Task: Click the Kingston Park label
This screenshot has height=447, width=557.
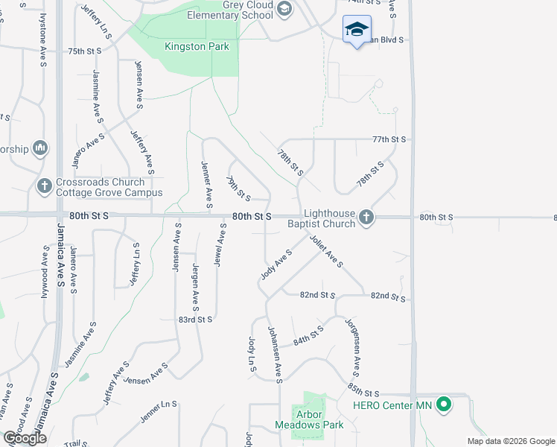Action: [x=197, y=46]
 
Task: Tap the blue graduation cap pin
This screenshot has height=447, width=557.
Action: [x=357, y=31]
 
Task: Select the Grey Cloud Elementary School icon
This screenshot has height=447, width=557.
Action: [x=284, y=9]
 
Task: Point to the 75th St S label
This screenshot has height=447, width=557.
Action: [x=84, y=51]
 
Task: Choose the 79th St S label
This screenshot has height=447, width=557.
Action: [x=238, y=188]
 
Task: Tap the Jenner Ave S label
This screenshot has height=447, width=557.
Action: [x=207, y=183]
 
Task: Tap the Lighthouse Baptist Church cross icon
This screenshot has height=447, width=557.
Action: [x=365, y=217]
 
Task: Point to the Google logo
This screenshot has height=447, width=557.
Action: [x=25, y=439]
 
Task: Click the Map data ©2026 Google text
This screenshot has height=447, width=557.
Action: [x=510, y=441]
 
